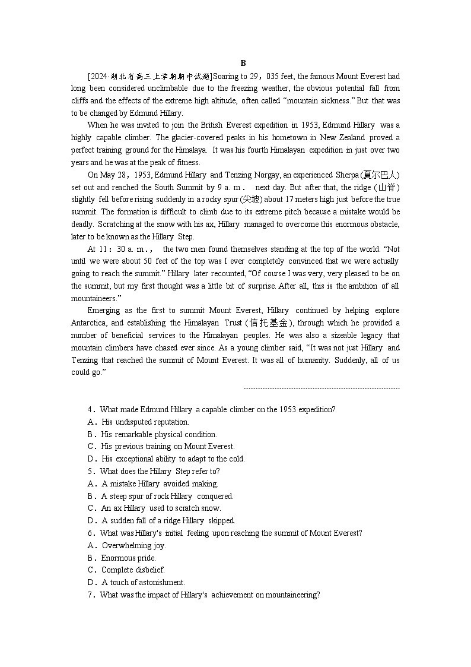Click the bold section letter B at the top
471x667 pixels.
coord(243,64)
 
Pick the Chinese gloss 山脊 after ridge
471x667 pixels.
coord(390,187)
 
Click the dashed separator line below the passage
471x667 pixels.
coord(322,389)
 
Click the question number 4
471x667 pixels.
coord(91,410)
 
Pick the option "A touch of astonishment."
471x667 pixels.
coord(143,583)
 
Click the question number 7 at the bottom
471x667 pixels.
coord(91,595)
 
